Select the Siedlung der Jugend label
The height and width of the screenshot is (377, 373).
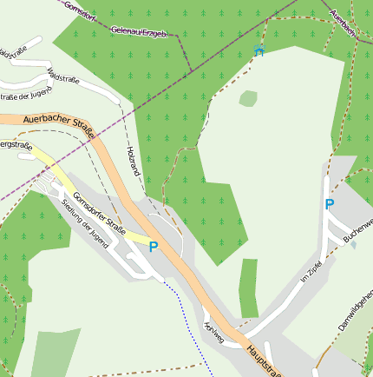coord(84,224)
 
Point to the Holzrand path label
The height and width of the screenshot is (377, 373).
coord(134,162)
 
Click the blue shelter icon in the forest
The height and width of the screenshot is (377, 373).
coord(258,50)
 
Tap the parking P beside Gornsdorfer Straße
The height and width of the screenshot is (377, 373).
coord(153,247)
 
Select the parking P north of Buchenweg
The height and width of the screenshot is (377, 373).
coord(329,205)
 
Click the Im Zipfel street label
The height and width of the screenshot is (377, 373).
coord(311,272)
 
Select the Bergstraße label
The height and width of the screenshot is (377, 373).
coord(15,143)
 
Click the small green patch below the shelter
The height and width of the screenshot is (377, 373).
coord(248,98)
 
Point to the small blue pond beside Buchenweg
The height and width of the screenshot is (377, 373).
coord(353,244)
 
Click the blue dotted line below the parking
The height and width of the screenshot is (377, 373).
coord(189,321)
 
